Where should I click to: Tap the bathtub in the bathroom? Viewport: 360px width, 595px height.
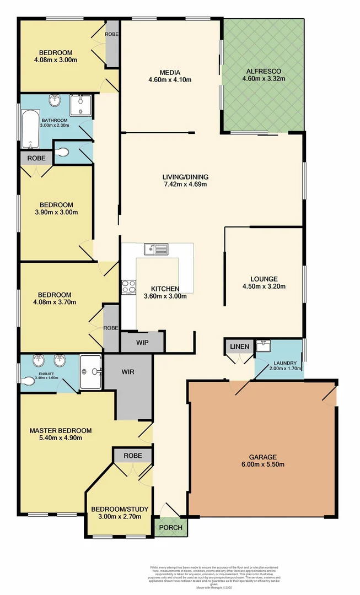tap(29, 129)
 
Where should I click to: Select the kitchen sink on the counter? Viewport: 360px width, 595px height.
tap(156, 250)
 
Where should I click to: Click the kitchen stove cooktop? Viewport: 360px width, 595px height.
tap(129, 286)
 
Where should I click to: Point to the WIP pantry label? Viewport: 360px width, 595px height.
tap(142, 342)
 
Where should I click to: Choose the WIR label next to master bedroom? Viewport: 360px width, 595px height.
tap(128, 372)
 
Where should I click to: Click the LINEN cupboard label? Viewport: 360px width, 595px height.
tap(239, 347)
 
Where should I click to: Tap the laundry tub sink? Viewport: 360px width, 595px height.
tap(263, 347)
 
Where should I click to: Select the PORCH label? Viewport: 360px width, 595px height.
tap(170, 527)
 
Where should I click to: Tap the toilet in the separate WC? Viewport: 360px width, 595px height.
tap(63, 153)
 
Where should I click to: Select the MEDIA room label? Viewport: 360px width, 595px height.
tap(169, 72)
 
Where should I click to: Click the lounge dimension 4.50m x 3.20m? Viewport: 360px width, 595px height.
tap(264, 286)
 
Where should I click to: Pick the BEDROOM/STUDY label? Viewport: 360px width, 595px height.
tap(120, 509)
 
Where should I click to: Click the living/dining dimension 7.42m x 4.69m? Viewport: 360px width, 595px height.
tap(185, 184)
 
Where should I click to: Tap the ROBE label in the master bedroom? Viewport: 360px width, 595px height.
tap(132, 456)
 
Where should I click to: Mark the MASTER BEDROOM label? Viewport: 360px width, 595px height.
tap(60, 430)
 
